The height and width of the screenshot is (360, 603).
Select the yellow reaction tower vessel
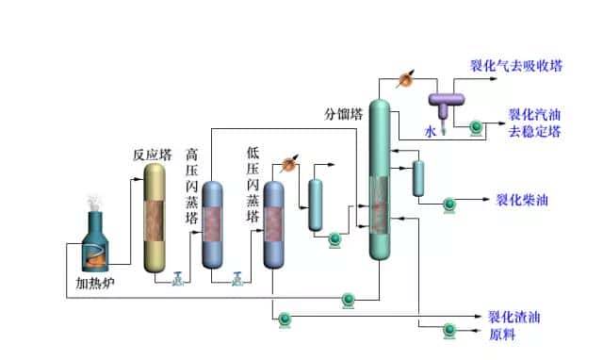pyautogui.click(x=157, y=221)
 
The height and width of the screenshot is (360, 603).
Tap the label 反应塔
pyautogui.click(x=153, y=155)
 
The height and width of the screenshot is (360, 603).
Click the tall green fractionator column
pyautogui.click(x=380, y=179)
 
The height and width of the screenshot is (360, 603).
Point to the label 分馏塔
pyautogui.click(x=344, y=115)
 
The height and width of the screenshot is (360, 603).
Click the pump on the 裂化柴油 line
pyautogui.click(x=450, y=202)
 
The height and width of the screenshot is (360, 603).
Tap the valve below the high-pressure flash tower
pyautogui.click(x=239, y=278)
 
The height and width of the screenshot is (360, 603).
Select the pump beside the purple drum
pyautogui.click(x=477, y=125)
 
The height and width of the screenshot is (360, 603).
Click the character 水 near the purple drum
pyautogui.click(x=431, y=133)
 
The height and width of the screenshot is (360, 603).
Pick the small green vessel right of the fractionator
pyautogui.click(x=418, y=178)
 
